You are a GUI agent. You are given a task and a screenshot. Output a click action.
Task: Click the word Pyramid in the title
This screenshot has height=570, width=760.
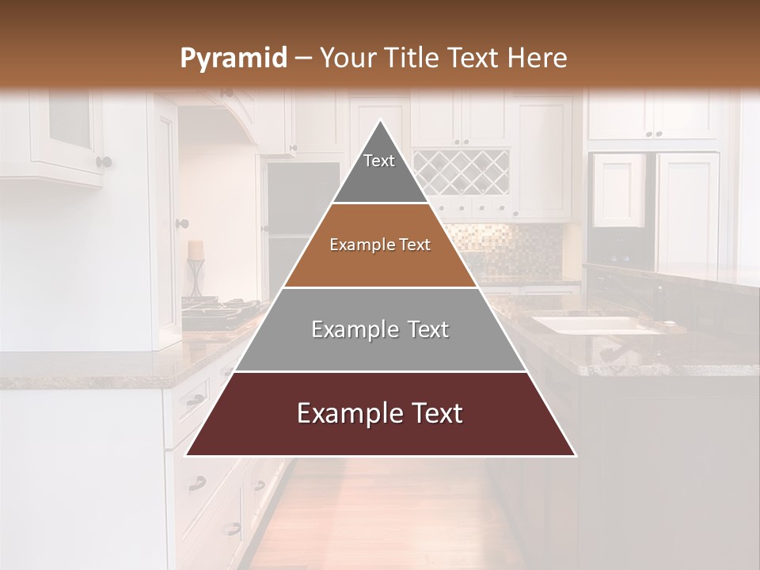point(233,59)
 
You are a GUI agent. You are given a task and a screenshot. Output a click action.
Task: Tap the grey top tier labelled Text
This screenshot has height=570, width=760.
point(379,170)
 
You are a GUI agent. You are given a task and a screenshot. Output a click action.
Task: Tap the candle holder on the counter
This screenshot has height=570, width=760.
point(195,269)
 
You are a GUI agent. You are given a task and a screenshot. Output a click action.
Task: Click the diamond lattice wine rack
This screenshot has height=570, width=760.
point(461,172)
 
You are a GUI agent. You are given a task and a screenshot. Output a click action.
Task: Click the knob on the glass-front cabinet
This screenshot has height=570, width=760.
point(104,162)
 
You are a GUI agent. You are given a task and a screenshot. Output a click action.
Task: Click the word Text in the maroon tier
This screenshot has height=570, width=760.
point(430,413)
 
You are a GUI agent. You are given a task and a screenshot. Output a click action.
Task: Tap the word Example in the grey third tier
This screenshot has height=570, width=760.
point(345,329)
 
